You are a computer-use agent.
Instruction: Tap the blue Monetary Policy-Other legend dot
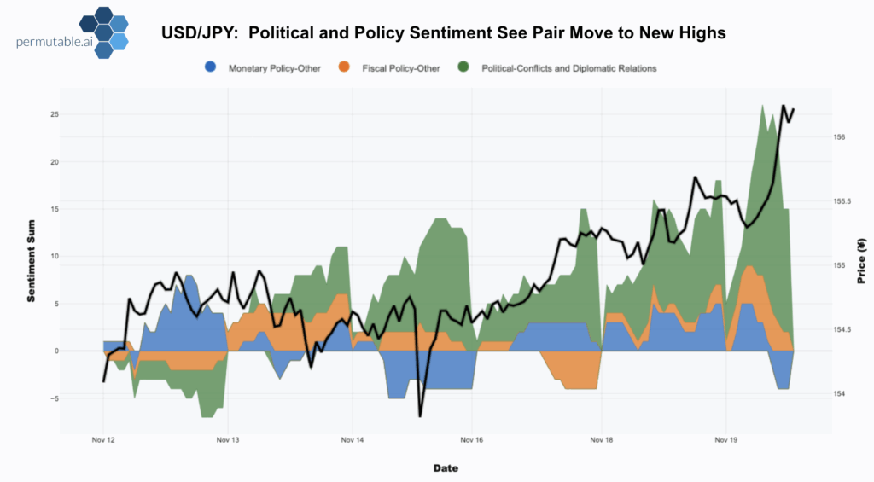tap(211, 67)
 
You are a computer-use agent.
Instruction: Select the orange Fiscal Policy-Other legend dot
tap(344, 67)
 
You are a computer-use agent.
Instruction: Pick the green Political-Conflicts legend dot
tap(463, 67)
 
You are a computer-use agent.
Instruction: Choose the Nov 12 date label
tap(103, 441)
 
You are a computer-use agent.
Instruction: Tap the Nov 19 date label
tap(725, 441)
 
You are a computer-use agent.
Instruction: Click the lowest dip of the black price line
tap(420, 415)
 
